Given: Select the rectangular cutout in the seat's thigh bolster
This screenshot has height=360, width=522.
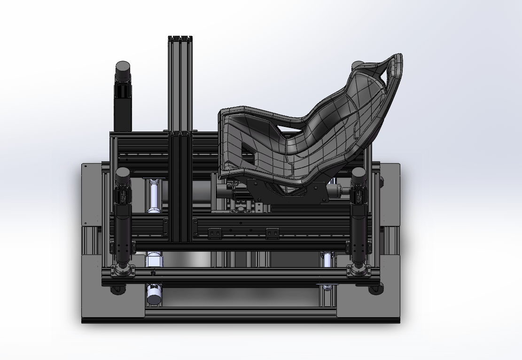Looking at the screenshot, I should pos(247,154).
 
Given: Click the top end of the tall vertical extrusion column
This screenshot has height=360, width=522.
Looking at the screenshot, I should pos(180,38).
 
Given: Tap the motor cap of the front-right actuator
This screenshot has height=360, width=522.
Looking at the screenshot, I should pos(359,173).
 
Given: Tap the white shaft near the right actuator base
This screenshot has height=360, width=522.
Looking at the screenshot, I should pos(328,258).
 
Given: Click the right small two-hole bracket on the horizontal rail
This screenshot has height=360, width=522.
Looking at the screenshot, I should pos(272,233).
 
